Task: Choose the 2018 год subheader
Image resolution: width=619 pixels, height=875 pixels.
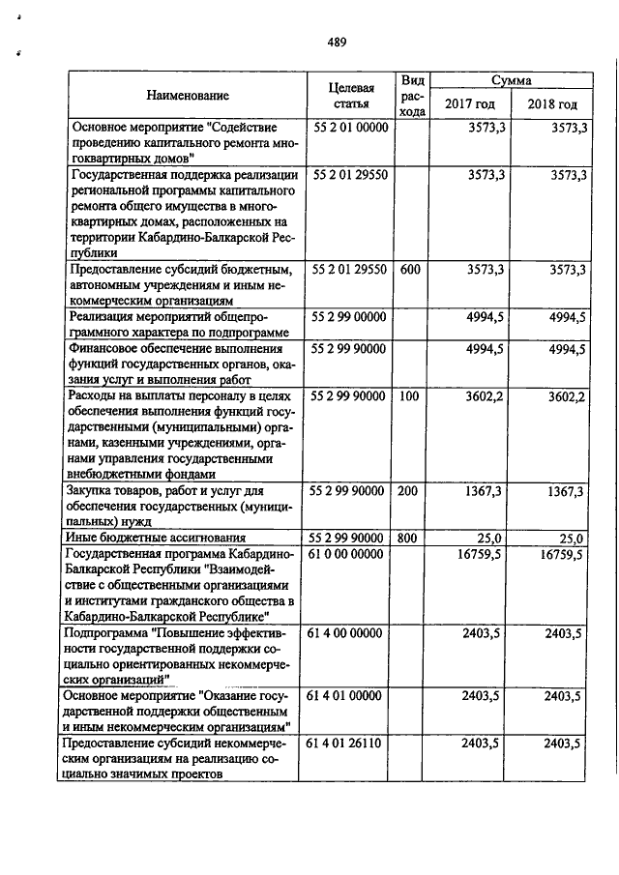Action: point(552,104)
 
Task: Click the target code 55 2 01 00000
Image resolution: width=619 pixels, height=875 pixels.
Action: point(350,128)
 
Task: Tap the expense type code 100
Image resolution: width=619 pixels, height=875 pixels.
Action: point(409,395)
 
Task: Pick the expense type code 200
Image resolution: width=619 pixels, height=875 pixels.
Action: point(409,491)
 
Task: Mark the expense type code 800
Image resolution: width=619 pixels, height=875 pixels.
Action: point(409,538)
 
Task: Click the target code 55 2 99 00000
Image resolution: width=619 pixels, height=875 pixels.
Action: point(350,316)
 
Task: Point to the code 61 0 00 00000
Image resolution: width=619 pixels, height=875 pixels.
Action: point(350,554)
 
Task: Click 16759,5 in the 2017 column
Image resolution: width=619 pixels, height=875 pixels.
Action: point(481,554)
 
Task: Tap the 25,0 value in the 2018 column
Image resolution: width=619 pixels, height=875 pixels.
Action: point(569,538)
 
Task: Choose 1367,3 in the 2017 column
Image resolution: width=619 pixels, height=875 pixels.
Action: point(484,491)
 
